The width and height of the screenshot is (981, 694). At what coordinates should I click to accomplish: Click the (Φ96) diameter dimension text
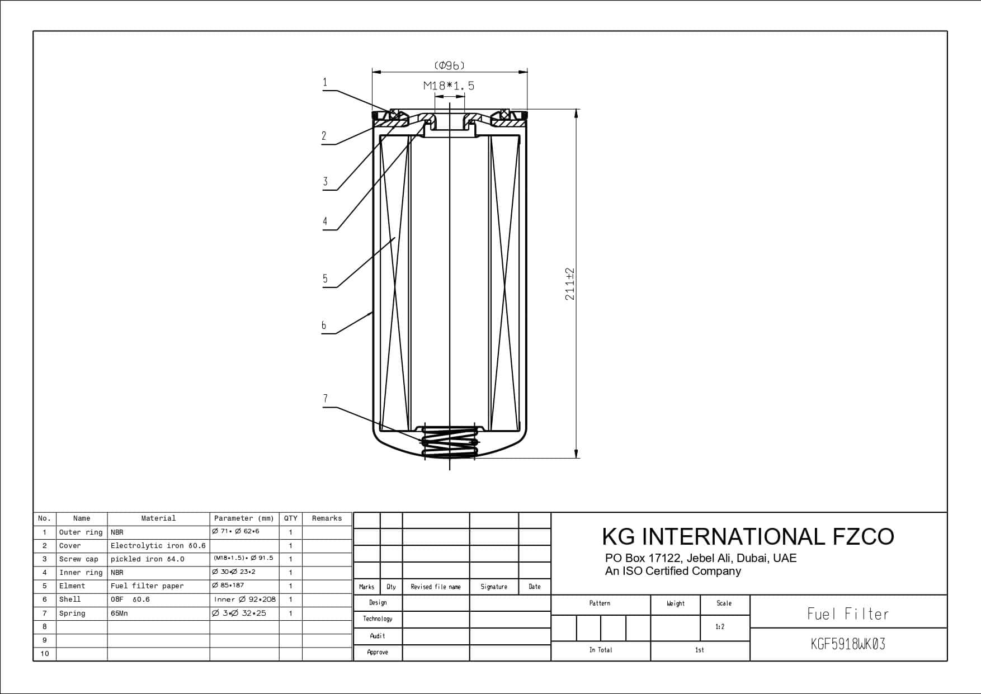click(x=449, y=66)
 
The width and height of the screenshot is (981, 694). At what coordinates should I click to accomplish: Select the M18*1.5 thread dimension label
click(x=449, y=86)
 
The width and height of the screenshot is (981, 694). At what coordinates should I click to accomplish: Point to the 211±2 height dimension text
click(x=570, y=284)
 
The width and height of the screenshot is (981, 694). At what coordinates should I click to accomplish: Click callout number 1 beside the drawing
click(x=324, y=83)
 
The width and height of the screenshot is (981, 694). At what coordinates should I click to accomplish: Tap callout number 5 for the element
click(x=325, y=278)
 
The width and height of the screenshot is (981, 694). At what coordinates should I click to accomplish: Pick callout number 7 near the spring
click(x=326, y=399)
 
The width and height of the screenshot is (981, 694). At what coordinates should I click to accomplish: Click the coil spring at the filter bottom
click(x=450, y=442)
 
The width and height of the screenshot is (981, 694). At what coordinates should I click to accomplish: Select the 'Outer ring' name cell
click(x=81, y=532)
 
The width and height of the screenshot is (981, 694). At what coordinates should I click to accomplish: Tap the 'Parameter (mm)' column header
click(x=244, y=518)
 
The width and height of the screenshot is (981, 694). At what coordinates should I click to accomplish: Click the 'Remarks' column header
click(x=327, y=518)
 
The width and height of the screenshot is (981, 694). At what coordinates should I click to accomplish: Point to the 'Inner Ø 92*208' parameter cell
click(x=244, y=599)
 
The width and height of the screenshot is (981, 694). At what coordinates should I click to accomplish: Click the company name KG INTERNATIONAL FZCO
click(x=748, y=536)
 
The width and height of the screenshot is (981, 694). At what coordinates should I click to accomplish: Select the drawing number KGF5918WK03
click(x=848, y=644)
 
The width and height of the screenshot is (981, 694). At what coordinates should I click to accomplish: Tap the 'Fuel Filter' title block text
click(x=848, y=614)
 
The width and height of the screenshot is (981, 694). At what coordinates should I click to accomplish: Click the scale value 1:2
click(x=720, y=627)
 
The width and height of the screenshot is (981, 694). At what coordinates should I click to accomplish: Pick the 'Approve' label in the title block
click(x=378, y=652)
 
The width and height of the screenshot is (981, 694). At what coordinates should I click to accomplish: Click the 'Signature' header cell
click(x=494, y=587)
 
